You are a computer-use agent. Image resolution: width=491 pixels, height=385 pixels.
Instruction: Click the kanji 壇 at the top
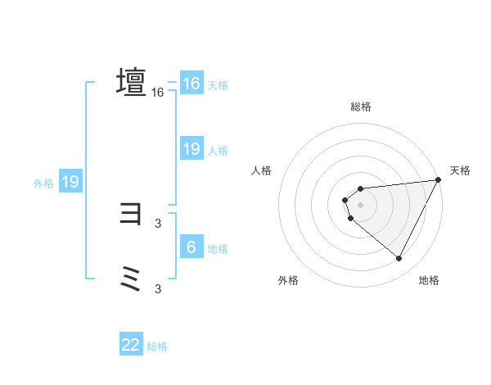pos(131,82)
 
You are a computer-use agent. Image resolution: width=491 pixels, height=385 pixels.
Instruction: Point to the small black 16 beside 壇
pos(158,93)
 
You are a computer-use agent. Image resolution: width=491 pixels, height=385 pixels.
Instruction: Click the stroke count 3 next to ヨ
pos(158,222)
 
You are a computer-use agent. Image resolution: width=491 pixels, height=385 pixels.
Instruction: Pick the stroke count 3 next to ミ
pos(158,288)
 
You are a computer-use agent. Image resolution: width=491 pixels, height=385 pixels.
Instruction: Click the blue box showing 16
pos(191,84)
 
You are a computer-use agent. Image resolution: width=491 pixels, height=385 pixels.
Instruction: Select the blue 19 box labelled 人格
pos(191,149)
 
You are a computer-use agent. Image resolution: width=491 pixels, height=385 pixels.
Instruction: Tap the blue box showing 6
pos(191,247)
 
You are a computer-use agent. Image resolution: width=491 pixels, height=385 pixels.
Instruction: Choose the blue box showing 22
pos(131,345)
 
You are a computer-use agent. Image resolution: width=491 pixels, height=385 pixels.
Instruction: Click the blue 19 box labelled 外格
pos(70,182)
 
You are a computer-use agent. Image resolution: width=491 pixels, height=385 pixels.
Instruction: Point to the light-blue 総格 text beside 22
pos(157,346)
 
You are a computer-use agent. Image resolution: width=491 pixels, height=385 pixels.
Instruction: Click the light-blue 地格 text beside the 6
pos(218,249)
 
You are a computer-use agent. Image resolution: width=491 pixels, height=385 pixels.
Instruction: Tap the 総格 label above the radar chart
pos(361,106)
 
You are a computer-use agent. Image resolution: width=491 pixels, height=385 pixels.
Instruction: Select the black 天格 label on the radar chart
pos(460,170)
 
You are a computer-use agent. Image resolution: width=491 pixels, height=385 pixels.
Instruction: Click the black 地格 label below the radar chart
pos(429,280)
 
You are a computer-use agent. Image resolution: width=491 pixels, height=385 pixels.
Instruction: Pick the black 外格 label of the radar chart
pos(288,280)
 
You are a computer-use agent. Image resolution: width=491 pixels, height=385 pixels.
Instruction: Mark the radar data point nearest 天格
pos(439,180)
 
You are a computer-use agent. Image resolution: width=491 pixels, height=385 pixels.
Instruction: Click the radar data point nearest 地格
pos(399,259)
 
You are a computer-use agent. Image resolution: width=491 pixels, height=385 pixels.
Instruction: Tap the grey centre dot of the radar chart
pos(361,205)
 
